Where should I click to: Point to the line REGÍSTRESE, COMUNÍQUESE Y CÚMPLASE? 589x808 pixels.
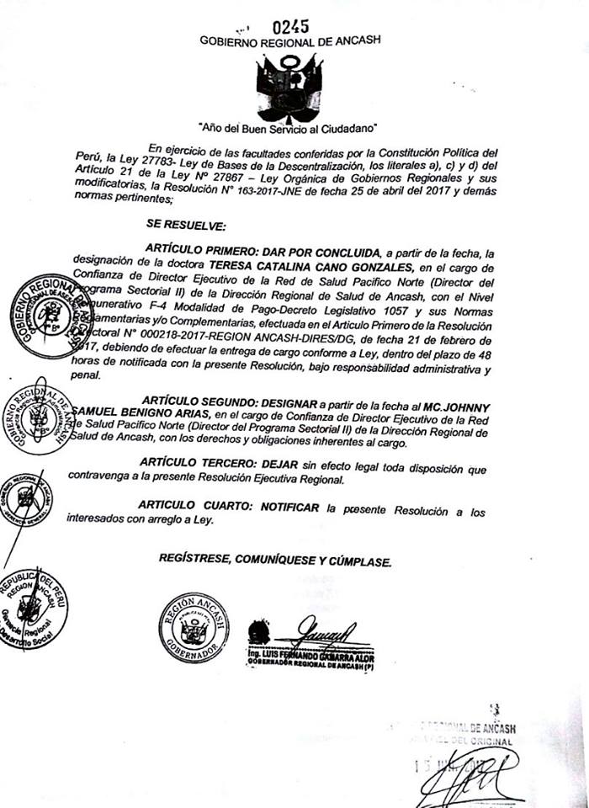pyautogui.click(x=275, y=560)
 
